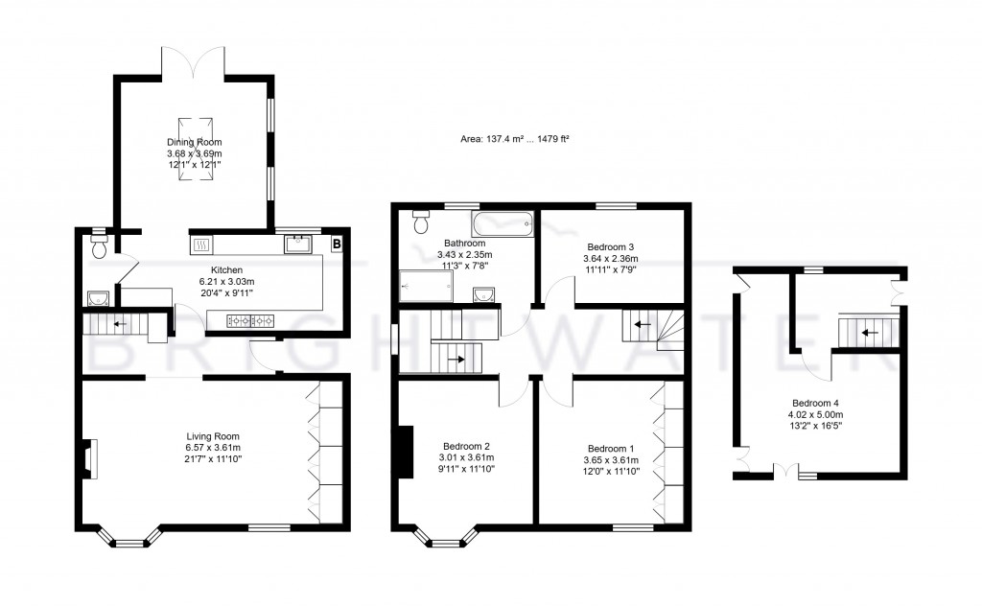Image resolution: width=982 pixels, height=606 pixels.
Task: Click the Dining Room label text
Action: pos(194,143)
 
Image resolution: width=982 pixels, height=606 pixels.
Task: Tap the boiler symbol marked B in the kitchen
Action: pos(337,245)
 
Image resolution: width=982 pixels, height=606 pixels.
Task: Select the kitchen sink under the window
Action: pos(297,244)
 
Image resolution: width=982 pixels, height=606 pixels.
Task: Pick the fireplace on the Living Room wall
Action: pos(89,458)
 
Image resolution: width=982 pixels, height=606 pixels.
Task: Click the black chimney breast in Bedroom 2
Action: pos(405,450)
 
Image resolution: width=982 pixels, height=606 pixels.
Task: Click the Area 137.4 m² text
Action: pos(515,140)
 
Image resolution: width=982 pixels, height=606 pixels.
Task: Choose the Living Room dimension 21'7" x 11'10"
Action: pos(206,459)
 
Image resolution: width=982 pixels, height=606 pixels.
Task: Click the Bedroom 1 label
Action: pos(610,448)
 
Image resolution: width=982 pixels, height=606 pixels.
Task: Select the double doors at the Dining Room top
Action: pos(194,61)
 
